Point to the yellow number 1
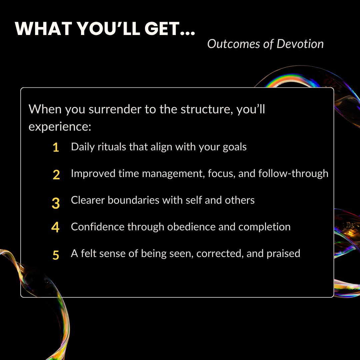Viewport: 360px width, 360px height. point(56,148)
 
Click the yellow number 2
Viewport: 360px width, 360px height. point(56,175)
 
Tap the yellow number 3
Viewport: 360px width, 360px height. point(56,203)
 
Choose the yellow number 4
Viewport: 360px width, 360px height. point(55,227)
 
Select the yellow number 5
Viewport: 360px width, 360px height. point(56,255)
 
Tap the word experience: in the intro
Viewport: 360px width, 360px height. point(60,127)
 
